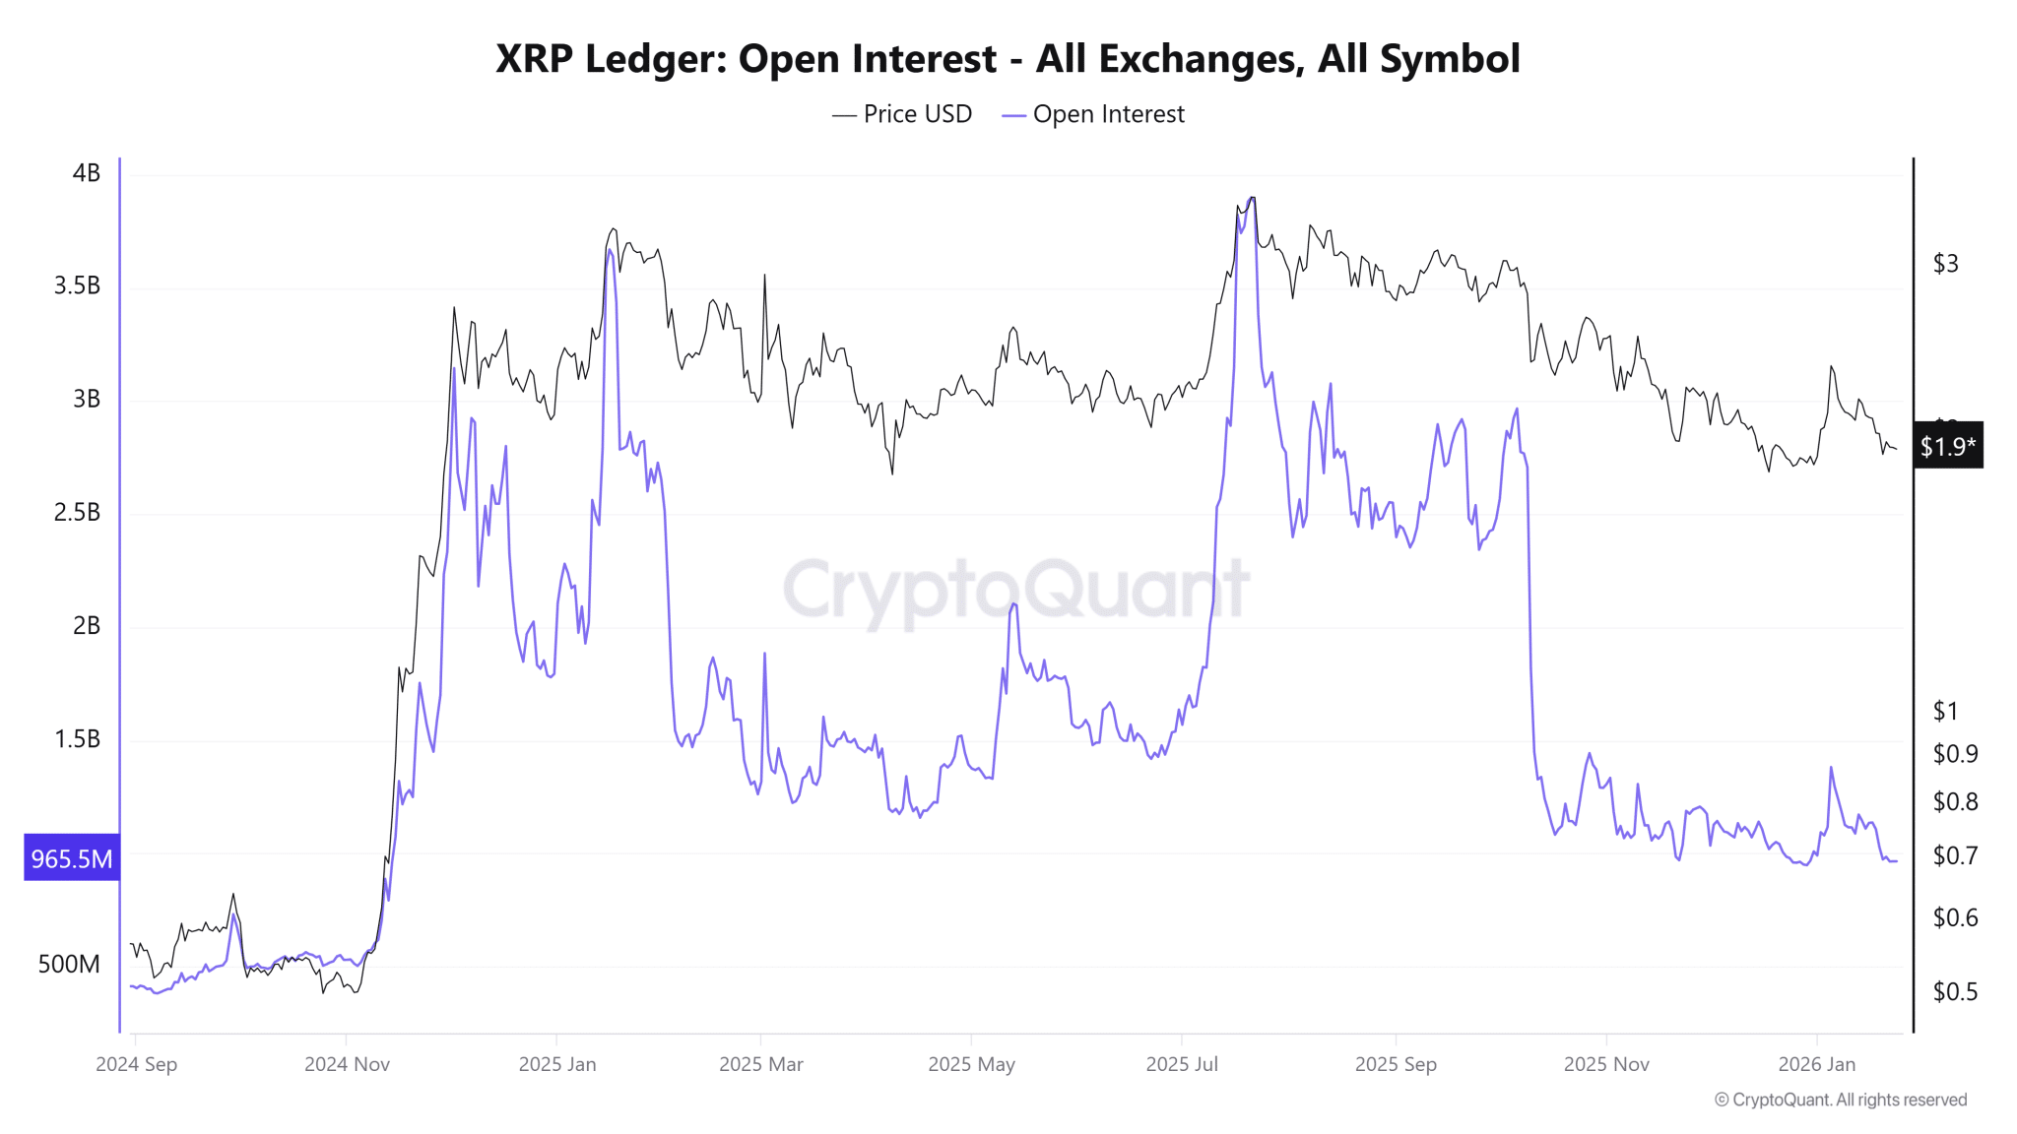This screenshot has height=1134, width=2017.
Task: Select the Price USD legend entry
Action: [902, 114]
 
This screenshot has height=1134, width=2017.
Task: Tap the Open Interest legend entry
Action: [1093, 114]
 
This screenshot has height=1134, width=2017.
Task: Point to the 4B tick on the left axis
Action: [87, 173]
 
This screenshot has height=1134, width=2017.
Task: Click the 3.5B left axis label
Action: [77, 285]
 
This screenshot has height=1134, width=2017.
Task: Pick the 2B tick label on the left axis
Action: [87, 625]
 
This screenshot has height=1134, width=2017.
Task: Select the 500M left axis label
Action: [69, 964]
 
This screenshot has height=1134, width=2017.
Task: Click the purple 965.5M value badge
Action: [71, 858]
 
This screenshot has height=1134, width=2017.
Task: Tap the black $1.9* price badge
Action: [1947, 447]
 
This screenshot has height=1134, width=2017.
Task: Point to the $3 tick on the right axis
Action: [1945, 264]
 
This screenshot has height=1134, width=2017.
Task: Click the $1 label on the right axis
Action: [1945, 711]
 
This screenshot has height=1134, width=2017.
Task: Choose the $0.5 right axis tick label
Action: [1954, 991]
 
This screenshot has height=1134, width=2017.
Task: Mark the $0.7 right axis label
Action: [1954, 855]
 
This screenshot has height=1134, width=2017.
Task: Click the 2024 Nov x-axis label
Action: [347, 1064]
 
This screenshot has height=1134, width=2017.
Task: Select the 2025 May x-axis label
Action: [971, 1064]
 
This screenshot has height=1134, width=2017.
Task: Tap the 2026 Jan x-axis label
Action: [1816, 1064]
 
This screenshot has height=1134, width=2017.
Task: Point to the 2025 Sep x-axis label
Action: [1396, 1064]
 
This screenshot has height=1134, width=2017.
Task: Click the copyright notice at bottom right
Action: [1840, 1100]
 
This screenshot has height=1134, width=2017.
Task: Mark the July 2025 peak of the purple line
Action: [1252, 199]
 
